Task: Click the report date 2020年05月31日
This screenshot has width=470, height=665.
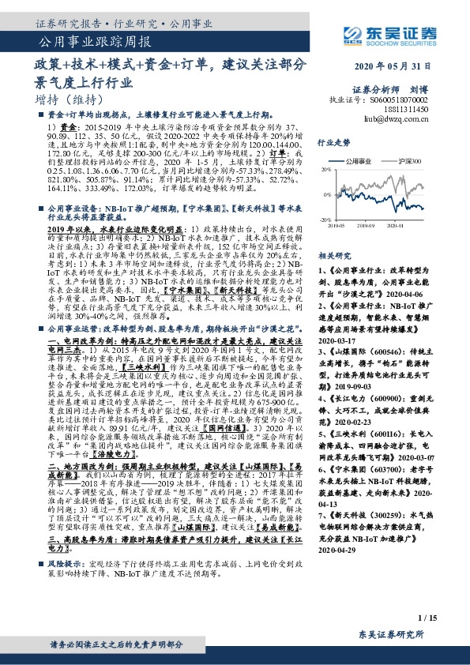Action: tap(396, 67)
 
